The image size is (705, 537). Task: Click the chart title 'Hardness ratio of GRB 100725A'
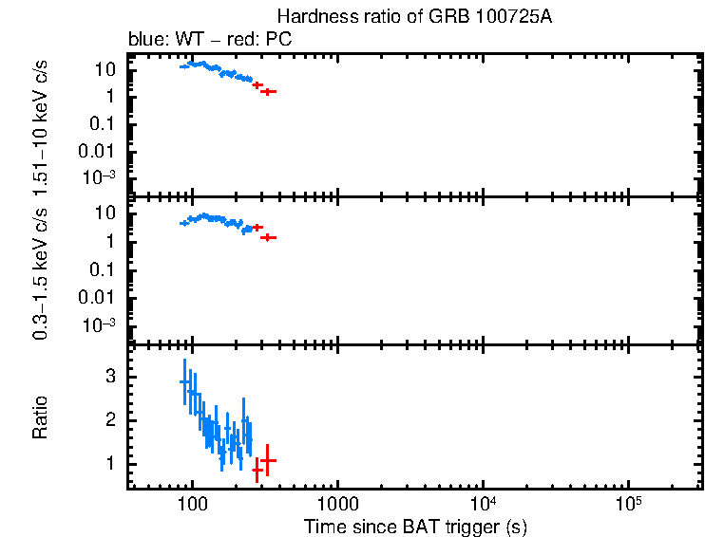point(414,17)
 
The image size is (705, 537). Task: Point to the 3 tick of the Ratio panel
point(110,377)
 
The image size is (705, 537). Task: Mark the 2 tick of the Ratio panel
point(110,419)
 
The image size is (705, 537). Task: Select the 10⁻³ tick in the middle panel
point(100,324)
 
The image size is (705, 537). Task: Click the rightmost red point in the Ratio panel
point(268,460)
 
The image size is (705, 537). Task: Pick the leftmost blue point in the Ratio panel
point(184,381)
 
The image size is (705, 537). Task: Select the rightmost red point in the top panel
point(269,92)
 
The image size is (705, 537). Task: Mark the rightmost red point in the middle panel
point(269,237)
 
